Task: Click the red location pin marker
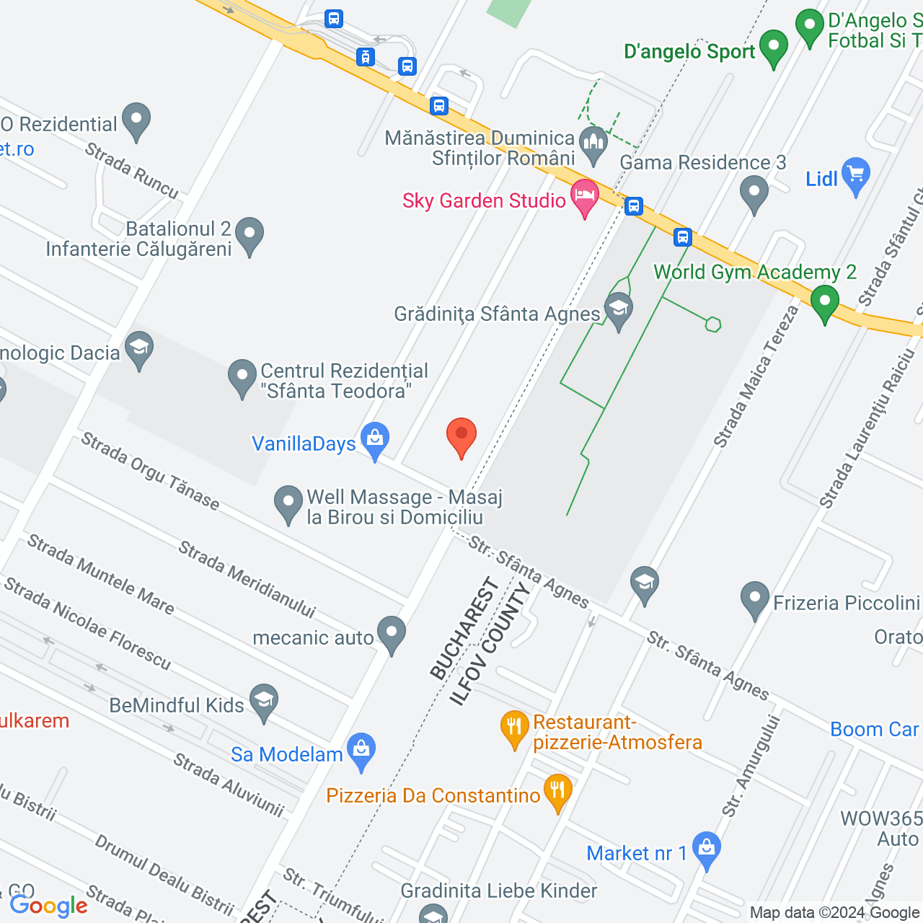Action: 461,436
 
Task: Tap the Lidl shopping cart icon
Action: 856,175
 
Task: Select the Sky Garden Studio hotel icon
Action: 585,197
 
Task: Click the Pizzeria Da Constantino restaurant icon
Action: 557,792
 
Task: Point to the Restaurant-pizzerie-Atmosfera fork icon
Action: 514,728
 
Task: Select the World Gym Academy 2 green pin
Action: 824,302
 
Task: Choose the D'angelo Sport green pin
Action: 774,48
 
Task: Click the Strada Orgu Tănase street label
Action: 150,470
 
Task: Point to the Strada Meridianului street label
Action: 247,580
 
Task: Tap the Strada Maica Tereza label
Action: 756,376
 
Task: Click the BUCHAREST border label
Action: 464,630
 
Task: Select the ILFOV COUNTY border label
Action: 490,644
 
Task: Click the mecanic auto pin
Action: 392,634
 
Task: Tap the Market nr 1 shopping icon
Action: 706,849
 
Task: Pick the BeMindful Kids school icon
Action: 264,701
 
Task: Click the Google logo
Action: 48,906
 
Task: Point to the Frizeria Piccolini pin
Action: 755,599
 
